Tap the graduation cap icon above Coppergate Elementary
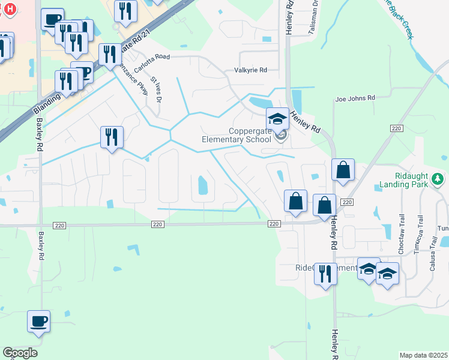pos(277,119)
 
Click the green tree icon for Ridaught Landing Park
pos(439,178)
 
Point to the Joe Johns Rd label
pos(355,98)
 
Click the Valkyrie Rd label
pos(250,70)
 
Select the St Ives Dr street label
pos(157,88)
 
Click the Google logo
pos(20,353)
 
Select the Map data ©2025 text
pos(423,355)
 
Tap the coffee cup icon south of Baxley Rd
pos(39,321)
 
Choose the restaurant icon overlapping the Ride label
pos(325,274)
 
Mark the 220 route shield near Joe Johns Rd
pos(396,128)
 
